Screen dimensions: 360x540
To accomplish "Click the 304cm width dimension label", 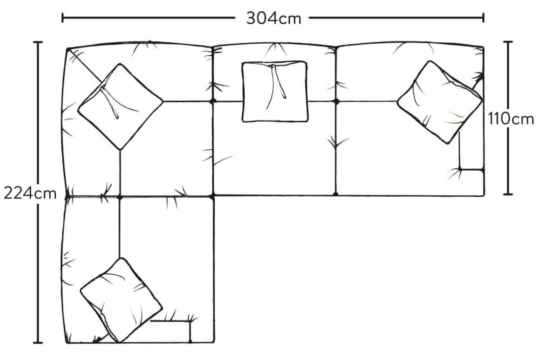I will pyautogui.click(x=273, y=18).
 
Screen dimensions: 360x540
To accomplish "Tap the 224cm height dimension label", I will pyautogui.click(x=30, y=193).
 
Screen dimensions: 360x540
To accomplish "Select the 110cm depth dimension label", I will pyautogui.click(x=511, y=120).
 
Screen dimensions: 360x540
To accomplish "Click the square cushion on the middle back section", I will pyautogui.click(x=275, y=91).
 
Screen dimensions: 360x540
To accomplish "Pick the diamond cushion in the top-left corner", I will pyautogui.click(x=120, y=106).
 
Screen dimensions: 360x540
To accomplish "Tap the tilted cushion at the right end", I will pyautogui.click(x=439, y=102).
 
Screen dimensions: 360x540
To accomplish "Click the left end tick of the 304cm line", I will pyautogui.click(x=62, y=18).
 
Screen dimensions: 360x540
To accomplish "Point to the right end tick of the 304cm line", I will pyautogui.click(x=484, y=18).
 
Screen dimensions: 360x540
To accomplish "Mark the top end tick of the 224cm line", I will pyautogui.click(x=38, y=42).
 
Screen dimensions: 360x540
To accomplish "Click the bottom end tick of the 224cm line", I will pyautogui.click(x=38, y=343).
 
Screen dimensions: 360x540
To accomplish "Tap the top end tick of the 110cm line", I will pyautogui.click(x=508, y=42).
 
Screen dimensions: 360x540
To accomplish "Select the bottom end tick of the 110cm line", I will pyautogui.click(x=508, y=194).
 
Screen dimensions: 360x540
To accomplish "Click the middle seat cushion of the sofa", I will pyautogui.click(x=275, y=158).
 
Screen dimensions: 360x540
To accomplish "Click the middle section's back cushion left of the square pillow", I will pyautogui.click(x=227, y=74).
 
